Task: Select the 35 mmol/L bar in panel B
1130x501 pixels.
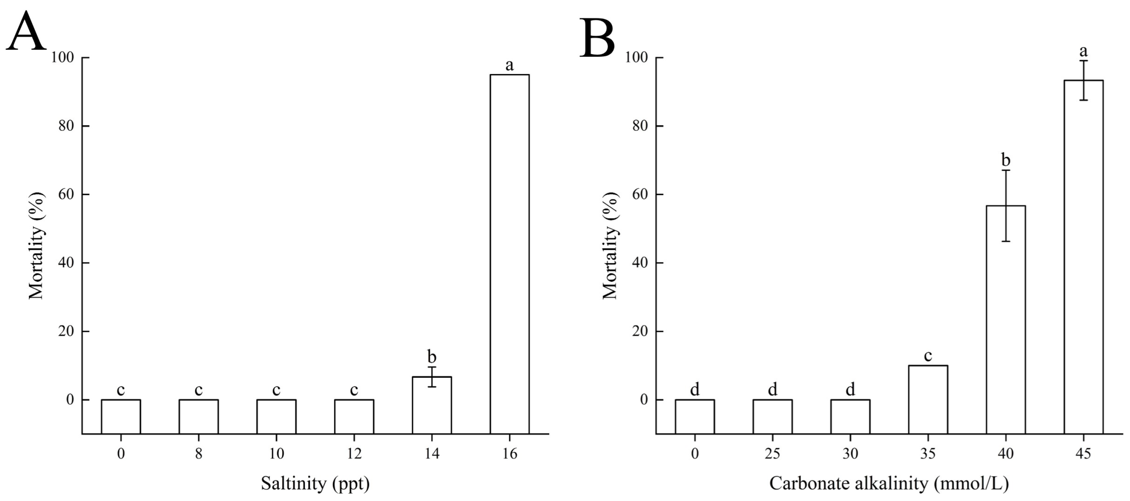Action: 928,399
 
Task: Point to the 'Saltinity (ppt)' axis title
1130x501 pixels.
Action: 315,484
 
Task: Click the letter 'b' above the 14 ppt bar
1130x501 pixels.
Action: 432,357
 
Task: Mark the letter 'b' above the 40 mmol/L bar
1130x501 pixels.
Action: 1005,160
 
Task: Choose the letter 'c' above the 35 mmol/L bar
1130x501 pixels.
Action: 928,356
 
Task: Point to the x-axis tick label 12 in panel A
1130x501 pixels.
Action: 354,453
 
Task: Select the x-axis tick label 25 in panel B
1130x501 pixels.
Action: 773,453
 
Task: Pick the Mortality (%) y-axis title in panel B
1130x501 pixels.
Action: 610,246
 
